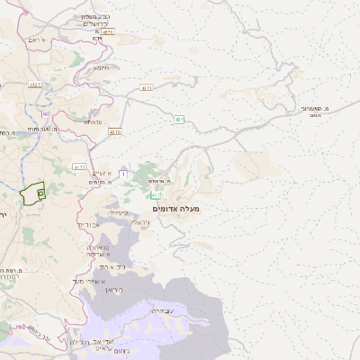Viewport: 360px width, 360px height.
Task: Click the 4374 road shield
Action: point(108,31)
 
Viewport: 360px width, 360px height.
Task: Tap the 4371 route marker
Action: point(147,87)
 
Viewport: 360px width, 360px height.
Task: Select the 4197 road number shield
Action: point(35,85)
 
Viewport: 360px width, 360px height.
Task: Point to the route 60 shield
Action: point(44,113)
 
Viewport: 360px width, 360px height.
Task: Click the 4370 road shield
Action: point(114,131)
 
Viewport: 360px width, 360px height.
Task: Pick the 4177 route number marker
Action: point(80,166)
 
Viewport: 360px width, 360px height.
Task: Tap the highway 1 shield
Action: point(122,173)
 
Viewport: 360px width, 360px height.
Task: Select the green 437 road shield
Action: point(180,119)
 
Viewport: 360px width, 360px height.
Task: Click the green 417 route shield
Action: point(157,193)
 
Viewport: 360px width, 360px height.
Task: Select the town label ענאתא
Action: point(94,121)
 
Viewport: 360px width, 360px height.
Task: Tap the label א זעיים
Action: point(104,173)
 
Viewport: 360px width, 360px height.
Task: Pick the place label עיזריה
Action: point(119,212)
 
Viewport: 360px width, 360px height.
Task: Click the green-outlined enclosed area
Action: point(34,193)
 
